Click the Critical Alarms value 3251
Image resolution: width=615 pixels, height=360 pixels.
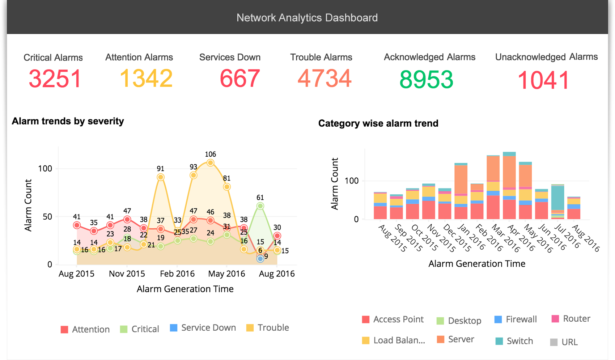point(55,79)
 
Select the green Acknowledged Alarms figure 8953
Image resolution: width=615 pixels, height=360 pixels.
point(426,80)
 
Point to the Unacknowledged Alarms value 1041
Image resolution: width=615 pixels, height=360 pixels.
point(543,80)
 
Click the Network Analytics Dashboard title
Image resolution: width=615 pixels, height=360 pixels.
point(307,18)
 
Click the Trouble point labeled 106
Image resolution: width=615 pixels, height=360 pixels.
point(210,163)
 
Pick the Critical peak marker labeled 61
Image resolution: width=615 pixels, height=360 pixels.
point(260,206)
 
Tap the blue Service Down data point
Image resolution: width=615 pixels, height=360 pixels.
point(260,259)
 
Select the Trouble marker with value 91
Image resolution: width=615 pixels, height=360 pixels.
point(161,177)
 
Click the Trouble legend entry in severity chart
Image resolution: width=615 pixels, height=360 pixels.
point(268,328)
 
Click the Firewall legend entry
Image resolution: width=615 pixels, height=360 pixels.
point(516,319)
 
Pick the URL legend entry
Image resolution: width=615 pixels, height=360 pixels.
point(564,342)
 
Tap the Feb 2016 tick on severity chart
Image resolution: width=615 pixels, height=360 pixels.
point(177,274)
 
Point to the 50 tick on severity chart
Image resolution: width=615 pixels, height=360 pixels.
point(47,217)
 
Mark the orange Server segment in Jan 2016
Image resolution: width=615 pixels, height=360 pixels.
point(461,179)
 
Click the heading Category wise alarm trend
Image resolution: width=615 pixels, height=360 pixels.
point(378,123)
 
